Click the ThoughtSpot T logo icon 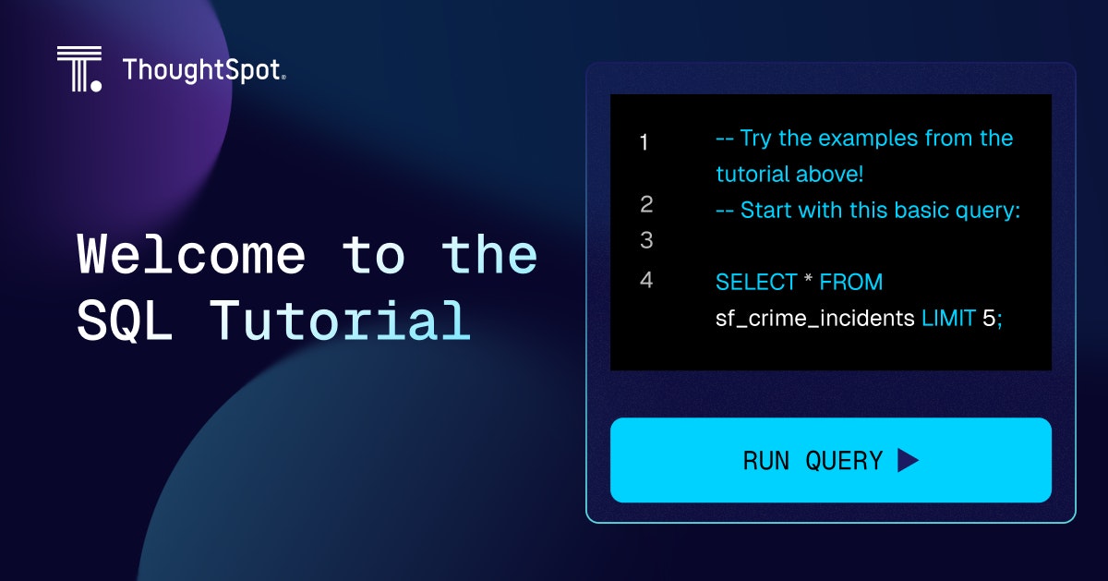click(x=79, y=68)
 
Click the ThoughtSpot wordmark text click(x=204, y=70)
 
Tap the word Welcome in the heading click(x=191, y=255)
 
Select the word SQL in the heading click(x=125, y=321)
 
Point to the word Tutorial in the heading click(x=341, y=321)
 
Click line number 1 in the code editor click(x=644, y=142)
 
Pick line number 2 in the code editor click(x=646, y=204)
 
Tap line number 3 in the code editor click(x=646, y=240)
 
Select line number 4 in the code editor click(x=646, y=280)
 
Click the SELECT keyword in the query click(x=756, y=282)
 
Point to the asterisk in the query click(x=808, y=279)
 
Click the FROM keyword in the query click(x=850, y=282)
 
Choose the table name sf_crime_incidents click(x=814, y=319)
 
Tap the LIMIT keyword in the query click(x=948, y=319)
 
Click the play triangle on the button click(x=907, y=460)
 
